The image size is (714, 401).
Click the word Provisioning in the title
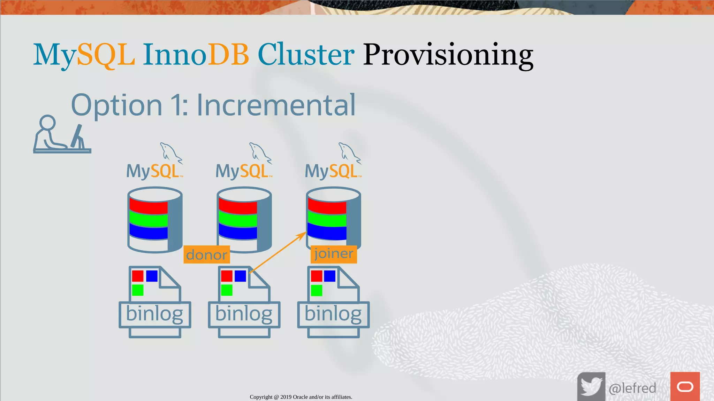click(x=448, y=55)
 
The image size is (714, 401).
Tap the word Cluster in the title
click(x=306, y=55)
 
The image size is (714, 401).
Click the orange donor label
click(x=206, y=255)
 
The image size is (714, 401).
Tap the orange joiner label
click(x=334, y=254)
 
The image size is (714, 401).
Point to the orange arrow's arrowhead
click(x=302, y=236)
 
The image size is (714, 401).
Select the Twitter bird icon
click(x=591, y=386)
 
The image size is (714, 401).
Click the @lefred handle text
click(x=632, y=388)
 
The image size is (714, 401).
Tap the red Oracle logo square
click(x=685, y=386)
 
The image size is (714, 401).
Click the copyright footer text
click(x=301, y=397)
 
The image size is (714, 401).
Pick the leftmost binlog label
click(x=154, y=314)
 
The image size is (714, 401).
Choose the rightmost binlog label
click(x=333, y=314)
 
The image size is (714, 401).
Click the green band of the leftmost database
click(x=149, y=219)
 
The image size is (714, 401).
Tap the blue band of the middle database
click(x=238, y=232)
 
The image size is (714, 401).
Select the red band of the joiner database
click(x=327, y=207)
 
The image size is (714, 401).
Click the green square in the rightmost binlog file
click(x=316, y=290)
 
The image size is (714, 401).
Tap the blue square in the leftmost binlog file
click(x=152, y=276)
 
